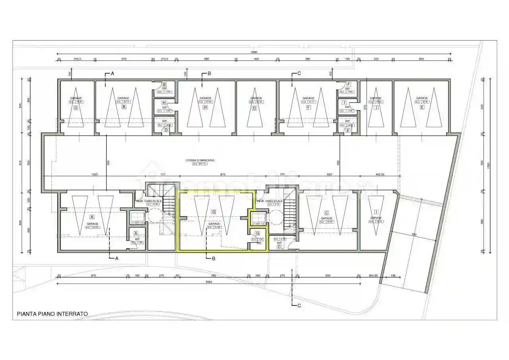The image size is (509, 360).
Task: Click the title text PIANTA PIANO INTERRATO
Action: [x=52, y=314]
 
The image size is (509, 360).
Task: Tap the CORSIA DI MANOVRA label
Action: [x=200, y=160]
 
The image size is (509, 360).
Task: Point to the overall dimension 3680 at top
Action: [x=254, y=52]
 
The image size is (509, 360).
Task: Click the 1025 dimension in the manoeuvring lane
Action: [x=95, y=174]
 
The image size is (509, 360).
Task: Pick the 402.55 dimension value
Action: [x=379, y=174]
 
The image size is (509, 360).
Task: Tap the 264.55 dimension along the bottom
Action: [x=373, y=275]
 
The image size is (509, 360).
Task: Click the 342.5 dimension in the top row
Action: [x=77, y=59]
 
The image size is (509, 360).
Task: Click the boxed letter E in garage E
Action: [x=422, y=107]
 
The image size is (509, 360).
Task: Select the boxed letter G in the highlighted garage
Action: [x=214, y=212]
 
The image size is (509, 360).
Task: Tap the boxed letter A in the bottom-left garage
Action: [x=92, y=217]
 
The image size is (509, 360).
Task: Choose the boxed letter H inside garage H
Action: [x=205, y=107]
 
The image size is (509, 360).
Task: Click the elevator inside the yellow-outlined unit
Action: [x=258, y=218]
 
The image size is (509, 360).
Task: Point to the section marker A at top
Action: [x=112, y=74]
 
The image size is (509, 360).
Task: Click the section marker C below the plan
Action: [x=299, y=306]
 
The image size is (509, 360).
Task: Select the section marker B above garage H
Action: [x=209, y=74]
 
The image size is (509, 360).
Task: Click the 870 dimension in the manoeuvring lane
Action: [x=223, y=174]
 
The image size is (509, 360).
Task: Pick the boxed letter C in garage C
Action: [x=326, y=212]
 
